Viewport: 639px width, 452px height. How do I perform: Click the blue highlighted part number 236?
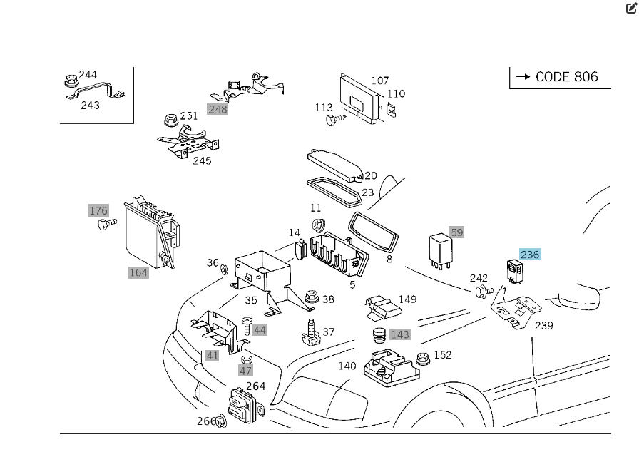coord(530,255)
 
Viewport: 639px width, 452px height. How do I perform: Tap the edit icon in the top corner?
coord(631,8)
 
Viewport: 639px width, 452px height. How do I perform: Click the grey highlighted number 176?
coord(98,210)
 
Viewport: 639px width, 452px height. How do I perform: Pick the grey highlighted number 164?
coord(138,272)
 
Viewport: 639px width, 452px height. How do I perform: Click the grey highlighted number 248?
coord(218,109)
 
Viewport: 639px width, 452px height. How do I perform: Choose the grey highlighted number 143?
coord(400,334)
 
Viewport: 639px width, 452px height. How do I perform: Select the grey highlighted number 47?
coord(245,371)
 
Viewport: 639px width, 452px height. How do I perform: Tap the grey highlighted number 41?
coord(213,356)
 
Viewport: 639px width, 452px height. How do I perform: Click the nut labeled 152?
coord(421,357)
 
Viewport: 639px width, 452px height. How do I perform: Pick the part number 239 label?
coord(544,326)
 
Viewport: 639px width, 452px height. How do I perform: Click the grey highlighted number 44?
coord(260,329)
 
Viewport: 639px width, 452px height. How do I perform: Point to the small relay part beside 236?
coord(514,271)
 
